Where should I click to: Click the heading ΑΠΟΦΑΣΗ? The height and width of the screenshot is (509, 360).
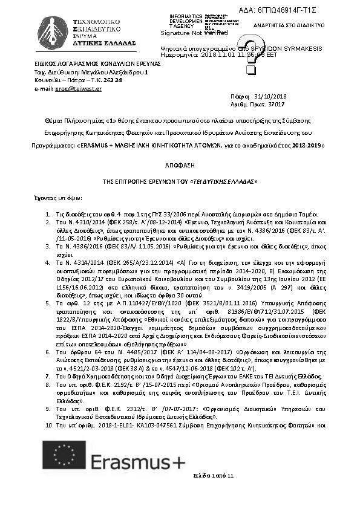pos(180,164)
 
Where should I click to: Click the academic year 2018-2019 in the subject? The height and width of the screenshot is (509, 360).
pos(307,146)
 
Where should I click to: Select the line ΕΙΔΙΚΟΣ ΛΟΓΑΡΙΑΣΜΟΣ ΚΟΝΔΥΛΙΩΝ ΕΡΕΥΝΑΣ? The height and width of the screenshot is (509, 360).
pos(97,63)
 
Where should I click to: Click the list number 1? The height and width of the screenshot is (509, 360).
pos(48,215)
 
